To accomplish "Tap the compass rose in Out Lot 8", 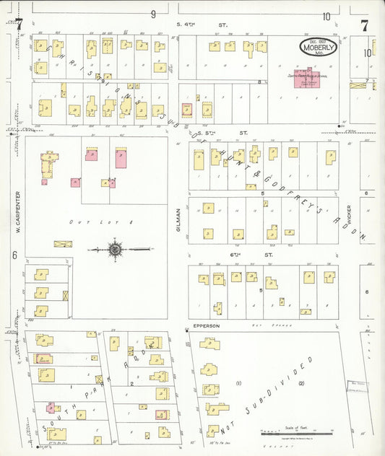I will (x=114, y=250).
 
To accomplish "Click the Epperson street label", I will (x=206, y=326).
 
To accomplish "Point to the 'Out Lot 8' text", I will (x=82, y=222).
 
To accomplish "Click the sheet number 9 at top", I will (x=153, y=14).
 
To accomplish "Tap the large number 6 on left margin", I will (x=14, y=255).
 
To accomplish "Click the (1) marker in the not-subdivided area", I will (x=238, y=383).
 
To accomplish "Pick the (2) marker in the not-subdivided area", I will (x=302, y=383).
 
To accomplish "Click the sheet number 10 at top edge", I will (x=326, y=16).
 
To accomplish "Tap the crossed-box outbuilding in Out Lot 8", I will (x=64, y=244).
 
